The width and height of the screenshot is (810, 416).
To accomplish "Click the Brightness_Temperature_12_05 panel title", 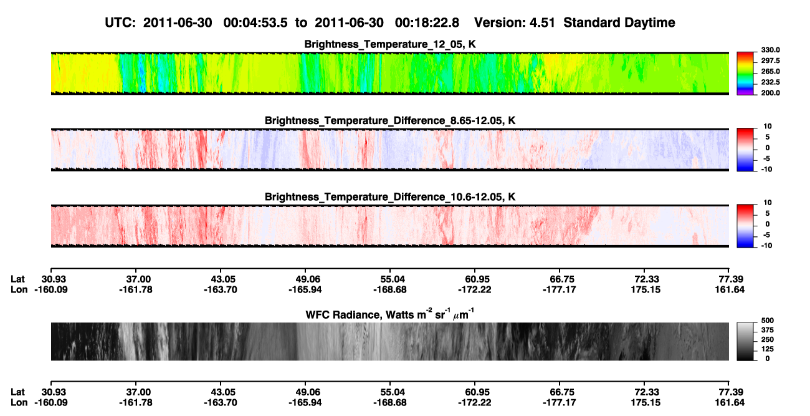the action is tap(390, 44).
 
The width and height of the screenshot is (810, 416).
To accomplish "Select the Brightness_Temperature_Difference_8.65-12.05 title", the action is tap(390, 120).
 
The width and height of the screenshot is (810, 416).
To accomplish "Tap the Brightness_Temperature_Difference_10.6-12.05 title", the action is tap(390, 197).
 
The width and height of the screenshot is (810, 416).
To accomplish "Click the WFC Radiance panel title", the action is tap(390, 314).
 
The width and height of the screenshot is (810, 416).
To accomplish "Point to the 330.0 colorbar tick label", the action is tap(770, 50).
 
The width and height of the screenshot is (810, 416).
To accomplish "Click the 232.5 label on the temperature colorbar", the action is tap(770, 82).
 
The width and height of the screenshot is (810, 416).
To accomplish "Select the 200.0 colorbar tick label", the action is tap(770, 93).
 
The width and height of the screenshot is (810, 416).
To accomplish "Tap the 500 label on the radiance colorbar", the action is tap(768, 321).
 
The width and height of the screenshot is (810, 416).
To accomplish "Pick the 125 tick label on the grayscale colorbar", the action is tap(768, 349).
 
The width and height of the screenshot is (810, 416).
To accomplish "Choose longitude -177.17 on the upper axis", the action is tap(559, 289).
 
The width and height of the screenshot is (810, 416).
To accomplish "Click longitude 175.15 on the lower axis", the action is tap(646, 402).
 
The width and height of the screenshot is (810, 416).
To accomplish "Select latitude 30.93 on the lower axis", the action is tap(54, 392).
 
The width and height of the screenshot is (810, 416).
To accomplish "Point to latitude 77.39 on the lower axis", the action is tap(731, 392).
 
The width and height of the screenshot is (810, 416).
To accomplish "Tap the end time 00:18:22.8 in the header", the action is tap(427, 22).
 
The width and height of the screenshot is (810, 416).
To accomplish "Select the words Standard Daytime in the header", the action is tap(619, 22).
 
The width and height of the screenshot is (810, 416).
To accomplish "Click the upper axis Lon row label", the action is tap(19, 289).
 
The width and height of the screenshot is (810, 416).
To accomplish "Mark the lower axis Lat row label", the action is tap(17, 392).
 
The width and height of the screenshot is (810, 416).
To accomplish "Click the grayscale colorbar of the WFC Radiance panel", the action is tap(745, 341).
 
